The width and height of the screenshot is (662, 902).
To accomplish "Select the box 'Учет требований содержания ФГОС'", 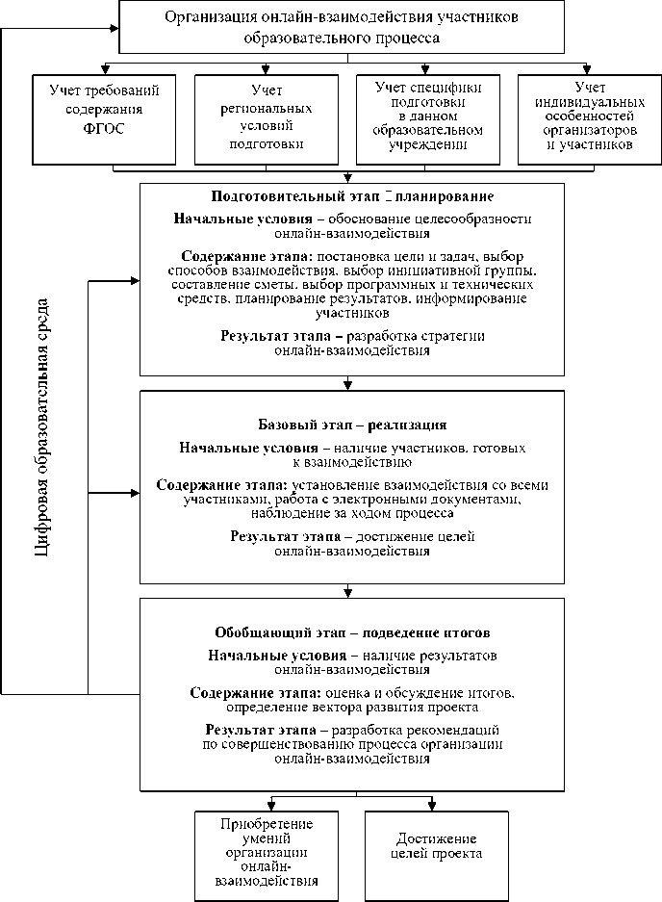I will click(x=105, y=117).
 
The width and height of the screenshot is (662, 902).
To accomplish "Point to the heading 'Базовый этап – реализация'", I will click(x=352, y=425).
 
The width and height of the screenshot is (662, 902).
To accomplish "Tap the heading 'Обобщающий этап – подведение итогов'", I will click(x=352, y=633).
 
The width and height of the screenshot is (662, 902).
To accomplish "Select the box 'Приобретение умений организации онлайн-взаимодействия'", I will click(x=267, y=853).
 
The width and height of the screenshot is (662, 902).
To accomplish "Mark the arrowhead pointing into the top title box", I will click(x=112, y=28).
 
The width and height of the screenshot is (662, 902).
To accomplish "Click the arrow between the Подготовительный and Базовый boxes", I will click(x=344, y=382).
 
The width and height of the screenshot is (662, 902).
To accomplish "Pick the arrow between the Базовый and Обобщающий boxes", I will click(x=344, y=591).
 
